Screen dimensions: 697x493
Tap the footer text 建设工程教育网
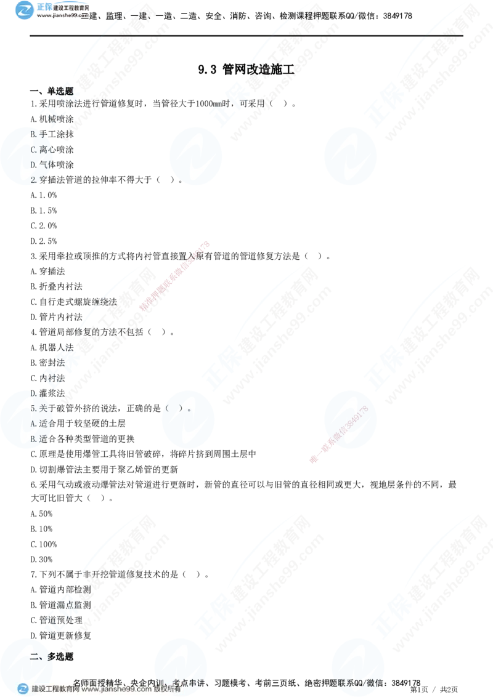(x=54, y=690)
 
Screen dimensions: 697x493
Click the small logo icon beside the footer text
(x=23, y=689)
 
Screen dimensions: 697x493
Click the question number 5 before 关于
(x=32, y=408)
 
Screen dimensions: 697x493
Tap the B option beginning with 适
(x=38, y=439)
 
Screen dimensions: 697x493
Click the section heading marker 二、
(x=36, y=656)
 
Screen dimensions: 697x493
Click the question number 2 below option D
(x=33, y=180)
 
